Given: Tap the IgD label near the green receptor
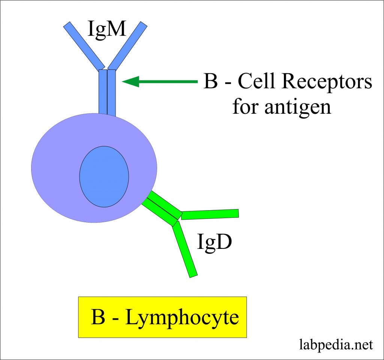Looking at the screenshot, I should pos(214,243).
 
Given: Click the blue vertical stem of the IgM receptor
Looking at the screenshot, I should pos(107,92).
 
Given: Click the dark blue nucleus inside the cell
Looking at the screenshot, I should pos(104,176).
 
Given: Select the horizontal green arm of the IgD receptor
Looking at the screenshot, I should pos(210,214).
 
